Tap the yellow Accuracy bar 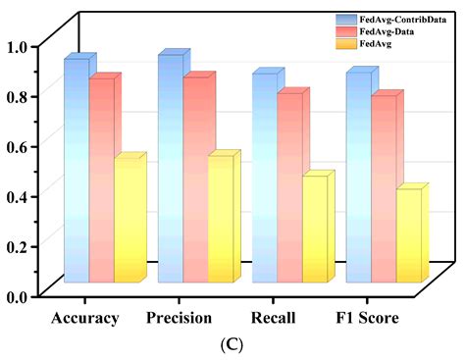pyautogui.click(x=128, y=221)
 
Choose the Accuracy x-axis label pyautogui.click(x=85, y=318)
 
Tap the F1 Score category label pyautogui.click(x=365, y=318)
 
